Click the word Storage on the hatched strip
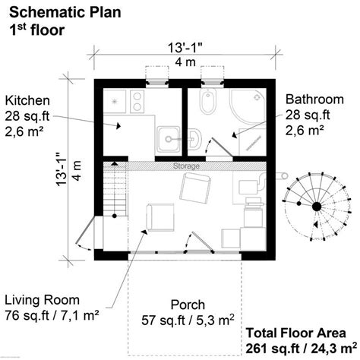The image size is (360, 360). coord(186,166)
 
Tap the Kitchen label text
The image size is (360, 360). coord(27,100)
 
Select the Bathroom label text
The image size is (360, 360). coord(314,99)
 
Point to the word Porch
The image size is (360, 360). coord(188,305)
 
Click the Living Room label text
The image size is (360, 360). coord(43,300)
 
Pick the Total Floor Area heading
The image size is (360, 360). coord(296,333)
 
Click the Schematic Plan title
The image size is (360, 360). coord(65,12)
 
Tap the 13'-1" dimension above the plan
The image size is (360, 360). coord(185,48)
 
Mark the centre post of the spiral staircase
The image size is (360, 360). coord(317,207)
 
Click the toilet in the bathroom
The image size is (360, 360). coord(208,101)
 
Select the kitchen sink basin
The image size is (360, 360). coord(169,139)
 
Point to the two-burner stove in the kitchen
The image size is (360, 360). coord(137,102)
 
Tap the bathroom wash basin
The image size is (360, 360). coord(194,139)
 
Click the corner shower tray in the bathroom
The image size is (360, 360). coord(248,106)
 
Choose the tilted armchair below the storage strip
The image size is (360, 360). coord(195,188)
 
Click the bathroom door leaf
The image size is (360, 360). coord(222,147)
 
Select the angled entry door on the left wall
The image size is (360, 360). coord(85,229)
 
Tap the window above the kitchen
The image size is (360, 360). coord(157,82)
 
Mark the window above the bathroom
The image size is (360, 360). coord(213,82)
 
